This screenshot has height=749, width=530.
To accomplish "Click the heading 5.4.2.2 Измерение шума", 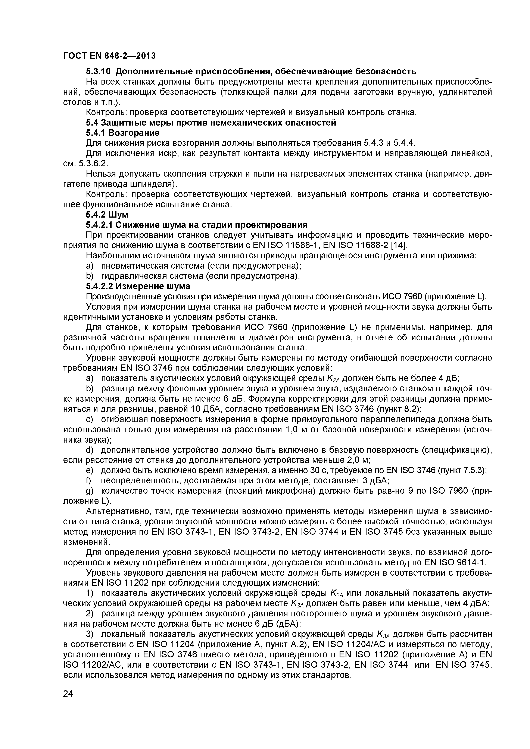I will [x=138, y=286].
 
